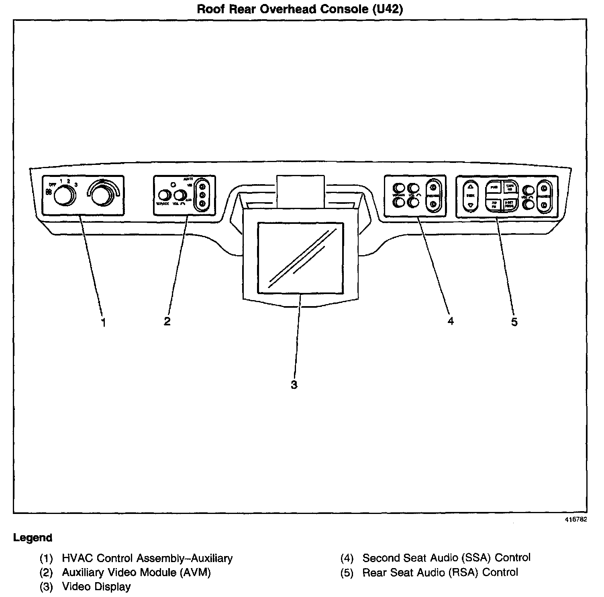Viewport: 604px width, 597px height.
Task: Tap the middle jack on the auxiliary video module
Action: point(202,195)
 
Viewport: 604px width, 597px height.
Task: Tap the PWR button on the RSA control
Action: point(494,187)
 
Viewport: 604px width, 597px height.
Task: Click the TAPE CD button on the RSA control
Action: point(510,187)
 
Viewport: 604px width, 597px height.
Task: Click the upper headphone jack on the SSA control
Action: point(433,187)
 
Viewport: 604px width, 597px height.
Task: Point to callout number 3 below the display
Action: point(294,385)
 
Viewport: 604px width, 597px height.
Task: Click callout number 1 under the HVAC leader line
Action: point(103,322)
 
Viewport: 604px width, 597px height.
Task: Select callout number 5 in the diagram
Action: point(514,322)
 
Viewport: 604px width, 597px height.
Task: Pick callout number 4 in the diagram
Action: point(451,321)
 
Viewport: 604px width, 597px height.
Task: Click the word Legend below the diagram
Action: point(33,538)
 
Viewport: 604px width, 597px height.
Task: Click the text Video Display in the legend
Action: point(96,587)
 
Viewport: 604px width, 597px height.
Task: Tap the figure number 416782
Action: point(576,519)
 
